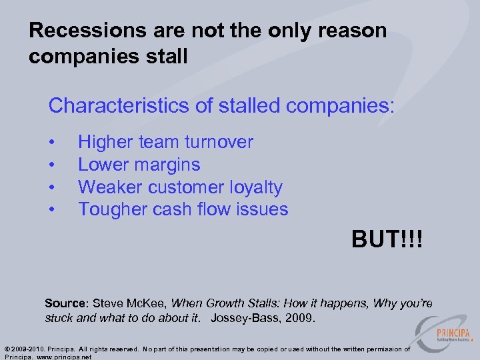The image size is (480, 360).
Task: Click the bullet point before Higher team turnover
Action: [x=52, y=143]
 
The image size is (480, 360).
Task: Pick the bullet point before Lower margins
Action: [x=52, y=165]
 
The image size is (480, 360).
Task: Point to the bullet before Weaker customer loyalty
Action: [x=52, y=188]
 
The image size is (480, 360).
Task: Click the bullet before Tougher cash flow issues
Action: [x=52, y=210]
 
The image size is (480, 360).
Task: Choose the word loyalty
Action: [x=255, y=188]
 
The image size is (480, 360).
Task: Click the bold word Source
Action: [x=65, y=303]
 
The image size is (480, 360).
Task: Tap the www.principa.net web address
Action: [x=63, y=357]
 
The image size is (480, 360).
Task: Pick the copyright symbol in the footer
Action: [x=7, y=349]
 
